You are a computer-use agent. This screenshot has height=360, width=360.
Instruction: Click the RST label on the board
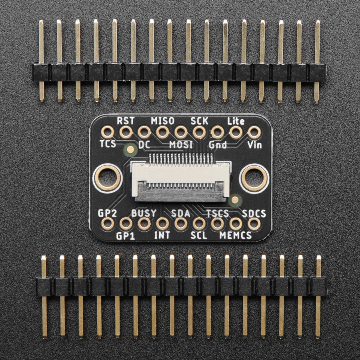pyautogui.click(x=126, y=120)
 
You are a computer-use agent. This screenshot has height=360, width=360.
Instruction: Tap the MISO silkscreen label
pyautogui.click(x=162, y=121)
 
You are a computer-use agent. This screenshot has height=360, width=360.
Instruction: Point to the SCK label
pyautogui.click(x=199, y=121)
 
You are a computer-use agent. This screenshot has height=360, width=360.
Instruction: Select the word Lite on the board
pyautogui.click(x=236, y=121)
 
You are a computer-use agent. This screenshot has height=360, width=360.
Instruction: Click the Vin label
pyautogui.click(x=254, y=145)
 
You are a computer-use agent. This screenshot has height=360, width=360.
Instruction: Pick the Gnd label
pyautogui.click(x=218, y=145)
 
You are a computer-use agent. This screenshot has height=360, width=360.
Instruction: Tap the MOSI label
pyautogui.click(x=181, y=145)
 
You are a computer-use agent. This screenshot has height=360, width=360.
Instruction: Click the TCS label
pyautogui.click(x=108, y=144)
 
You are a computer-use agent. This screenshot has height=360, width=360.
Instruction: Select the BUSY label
pyautogui.click(x=144, y=213)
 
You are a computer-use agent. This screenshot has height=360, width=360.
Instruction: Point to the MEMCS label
pyautogui.click(x=236, y=235)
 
